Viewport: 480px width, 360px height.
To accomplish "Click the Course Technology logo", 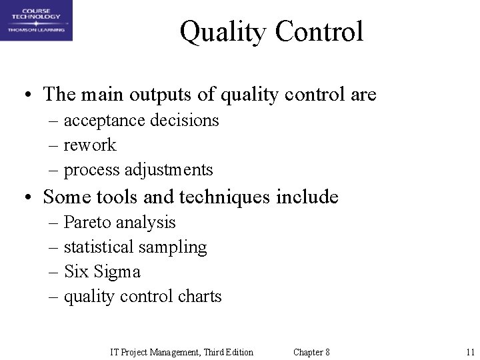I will [x=37, y=21].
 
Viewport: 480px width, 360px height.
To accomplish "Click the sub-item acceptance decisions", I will [x=141, y=121].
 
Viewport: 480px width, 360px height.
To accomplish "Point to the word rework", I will [x=90, y=145].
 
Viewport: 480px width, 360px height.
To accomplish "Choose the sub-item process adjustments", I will [x=138, y=170].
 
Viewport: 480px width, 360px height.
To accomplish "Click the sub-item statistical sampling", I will [x=135, y=247].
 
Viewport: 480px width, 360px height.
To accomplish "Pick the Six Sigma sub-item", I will [x=102, y=271].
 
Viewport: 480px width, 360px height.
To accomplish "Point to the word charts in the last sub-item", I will [x=200, y=296].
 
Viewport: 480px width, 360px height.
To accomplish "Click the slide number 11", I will [x=470, y=352].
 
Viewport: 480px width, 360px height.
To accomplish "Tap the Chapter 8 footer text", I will [x=311, y=352].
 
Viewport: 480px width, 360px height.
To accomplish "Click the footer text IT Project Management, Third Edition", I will [x=181, y=352].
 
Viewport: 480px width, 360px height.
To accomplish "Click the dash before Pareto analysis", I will [x=55, y=223].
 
